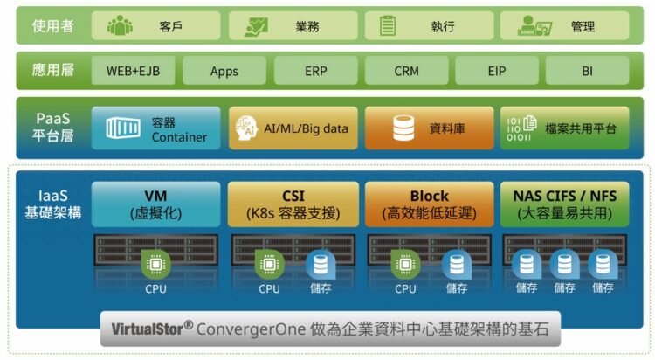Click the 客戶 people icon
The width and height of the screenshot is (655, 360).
pyautogui.click(x=120, y=25)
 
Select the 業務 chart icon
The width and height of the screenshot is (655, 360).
pyautogui.click(x=256, y=26)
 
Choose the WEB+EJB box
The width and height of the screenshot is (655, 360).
pyautogui.click(x=133, y=70)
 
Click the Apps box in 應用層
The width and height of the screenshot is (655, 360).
pyautogui.click(x=224, y=70)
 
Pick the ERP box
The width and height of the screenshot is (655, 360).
pyautogui.click(x=315, y=70)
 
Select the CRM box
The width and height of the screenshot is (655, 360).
pyautogui.click(x=406, y=70)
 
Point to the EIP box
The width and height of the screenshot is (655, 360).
pyautogui.click(x=496, y=70)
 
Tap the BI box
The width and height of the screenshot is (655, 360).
pyautogui.click(x=587, y=70)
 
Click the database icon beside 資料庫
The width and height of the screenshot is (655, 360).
pyautogui.click(x=403, y=128)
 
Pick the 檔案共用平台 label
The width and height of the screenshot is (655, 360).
pyautogui.click(x=580, y=128)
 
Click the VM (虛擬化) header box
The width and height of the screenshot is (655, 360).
pyautogui.click(x=155, y=204)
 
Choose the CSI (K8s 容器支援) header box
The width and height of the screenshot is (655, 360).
pyautogui.click(x=293, y=204)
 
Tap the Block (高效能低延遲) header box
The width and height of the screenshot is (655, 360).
pyautogui.click(x=429, y=204)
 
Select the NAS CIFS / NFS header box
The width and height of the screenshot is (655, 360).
pyautogui.click(x=564, y=204)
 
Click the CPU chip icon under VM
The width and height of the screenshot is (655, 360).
pyautogui.click(x=156, y=263)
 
